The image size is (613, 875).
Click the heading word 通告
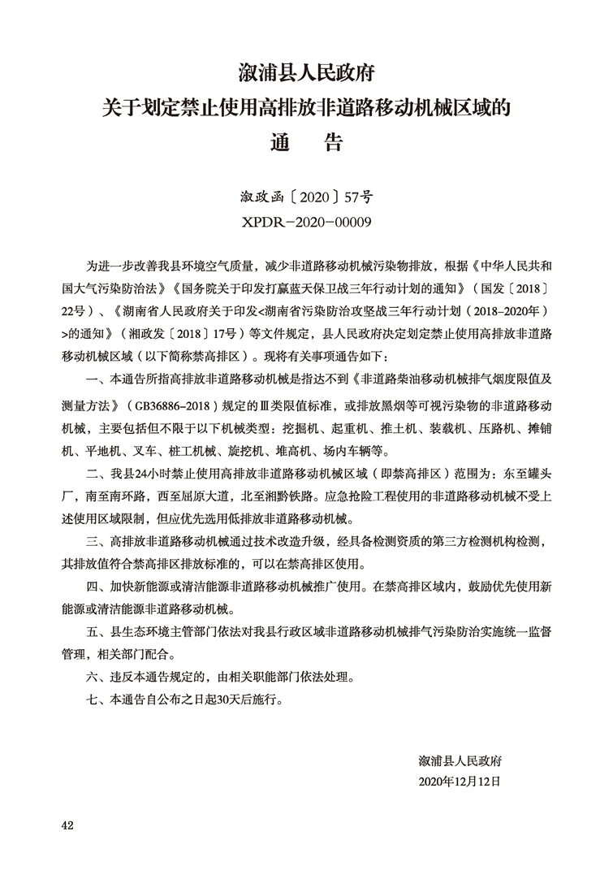click(x=306, y=144)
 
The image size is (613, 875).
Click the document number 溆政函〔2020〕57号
click(x=306, y=197)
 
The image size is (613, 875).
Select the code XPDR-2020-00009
click(x=306, y=222)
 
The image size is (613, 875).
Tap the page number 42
click(x=67, y=825)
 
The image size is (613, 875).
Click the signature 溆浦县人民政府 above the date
click(x=460, y=760)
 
